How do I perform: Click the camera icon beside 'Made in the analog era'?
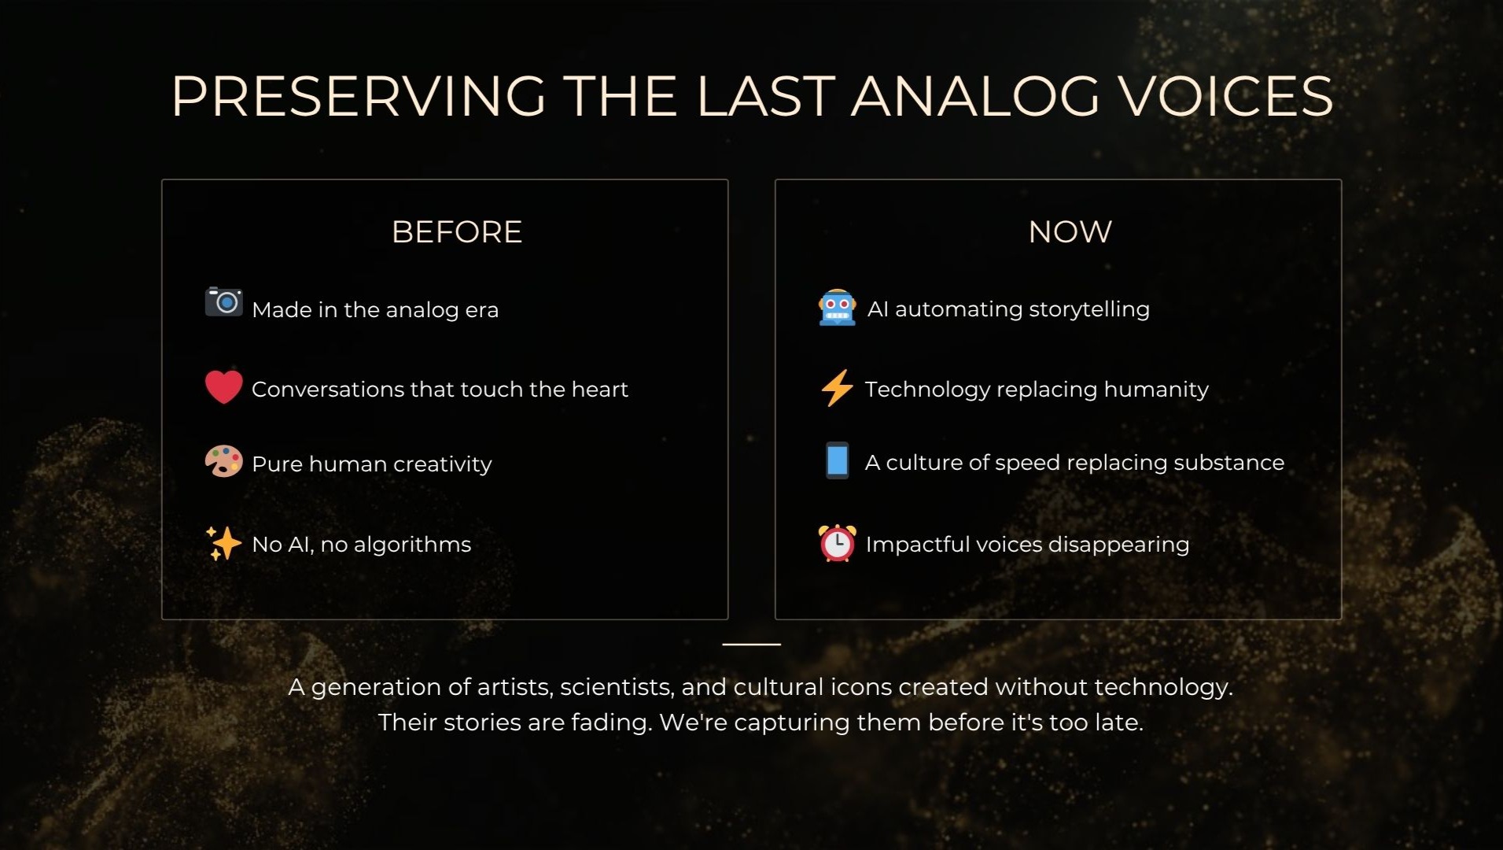click(x=224, y=301)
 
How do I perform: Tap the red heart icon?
click(x=223, y=387)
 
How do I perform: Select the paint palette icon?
click(x=223, y=461)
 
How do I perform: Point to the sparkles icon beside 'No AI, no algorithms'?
click(x=223, y=543)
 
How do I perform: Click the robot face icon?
click(x=837, y=307)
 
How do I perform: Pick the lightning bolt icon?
click(x=836, y=388)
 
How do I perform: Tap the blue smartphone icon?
click(x=837, y=460)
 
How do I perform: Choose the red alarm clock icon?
click(x=837, y=543)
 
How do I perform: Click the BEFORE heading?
click(x=457, y=232)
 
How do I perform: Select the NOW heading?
click(x=1070, y=232)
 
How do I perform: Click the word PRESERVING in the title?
click(x=359, y=97)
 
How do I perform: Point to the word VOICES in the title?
click(x=1226, y=97)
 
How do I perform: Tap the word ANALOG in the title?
click(x=975, y=97)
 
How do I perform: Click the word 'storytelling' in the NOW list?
click(x=1089, y=309)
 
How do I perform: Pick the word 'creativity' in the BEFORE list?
click(x=443, y=464)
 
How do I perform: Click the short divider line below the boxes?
click(x=752, y=644)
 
